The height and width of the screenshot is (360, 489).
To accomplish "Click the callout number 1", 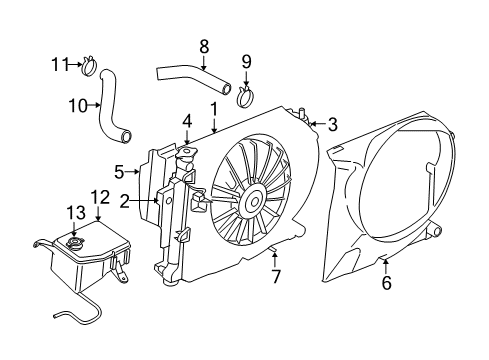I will (213, 107).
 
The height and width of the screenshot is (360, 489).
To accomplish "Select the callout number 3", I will (333, 124).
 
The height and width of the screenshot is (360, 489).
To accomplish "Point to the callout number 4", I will (186, 123).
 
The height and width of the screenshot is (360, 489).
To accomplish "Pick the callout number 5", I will (119, 171).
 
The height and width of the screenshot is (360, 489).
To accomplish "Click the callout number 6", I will (386, 283).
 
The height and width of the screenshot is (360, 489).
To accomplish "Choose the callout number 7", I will (276, 276).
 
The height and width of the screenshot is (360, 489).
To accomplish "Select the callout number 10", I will (77, 103).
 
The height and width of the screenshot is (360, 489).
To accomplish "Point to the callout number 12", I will (100, 196).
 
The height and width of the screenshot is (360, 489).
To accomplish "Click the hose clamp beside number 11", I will (88, 68).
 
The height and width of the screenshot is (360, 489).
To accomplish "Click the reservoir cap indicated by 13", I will (73, 245).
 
